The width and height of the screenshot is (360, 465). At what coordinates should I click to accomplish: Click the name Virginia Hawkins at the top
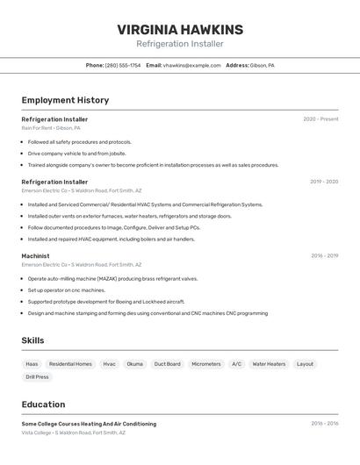(x=180, y=30)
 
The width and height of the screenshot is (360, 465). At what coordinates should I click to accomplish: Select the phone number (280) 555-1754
(x=123, y=65)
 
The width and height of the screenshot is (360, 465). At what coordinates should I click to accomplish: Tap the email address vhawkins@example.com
(x=192, y=65)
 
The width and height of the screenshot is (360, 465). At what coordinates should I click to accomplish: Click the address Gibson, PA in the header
(x=262, y=65)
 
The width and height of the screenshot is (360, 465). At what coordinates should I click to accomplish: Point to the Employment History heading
(x=65, y=100)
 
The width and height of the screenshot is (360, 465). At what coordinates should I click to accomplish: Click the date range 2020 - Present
(x=320, y=119)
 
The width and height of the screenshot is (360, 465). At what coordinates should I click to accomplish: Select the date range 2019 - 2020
(x=323, y=182)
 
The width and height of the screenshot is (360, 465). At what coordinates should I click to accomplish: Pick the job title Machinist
(x=35, y=256)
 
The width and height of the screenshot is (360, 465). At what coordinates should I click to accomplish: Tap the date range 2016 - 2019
(x=324, y=256)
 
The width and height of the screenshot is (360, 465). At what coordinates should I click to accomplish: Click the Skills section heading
(x=33, y=340)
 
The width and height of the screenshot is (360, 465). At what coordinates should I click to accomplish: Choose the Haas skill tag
(x=32, y=364)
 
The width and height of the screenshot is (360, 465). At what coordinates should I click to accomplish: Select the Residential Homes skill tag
(x=70, y=364)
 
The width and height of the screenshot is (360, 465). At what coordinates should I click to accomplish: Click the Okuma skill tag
(x=134, y=364)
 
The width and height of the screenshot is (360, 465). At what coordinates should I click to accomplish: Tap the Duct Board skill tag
(x=167, y=364)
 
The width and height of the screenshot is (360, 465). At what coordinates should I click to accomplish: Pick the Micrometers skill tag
(x=206, y=364)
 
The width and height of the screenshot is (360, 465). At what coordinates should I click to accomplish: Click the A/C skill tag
(x=236, y=364)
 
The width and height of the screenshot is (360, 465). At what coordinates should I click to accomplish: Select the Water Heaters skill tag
(x=269, y=364)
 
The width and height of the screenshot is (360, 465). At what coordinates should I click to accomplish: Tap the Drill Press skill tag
(x=37, y=377)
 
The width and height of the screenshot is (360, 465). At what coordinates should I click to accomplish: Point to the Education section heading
(x=43, y=404)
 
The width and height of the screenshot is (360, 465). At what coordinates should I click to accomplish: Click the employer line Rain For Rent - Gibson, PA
(x=51, y=128)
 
